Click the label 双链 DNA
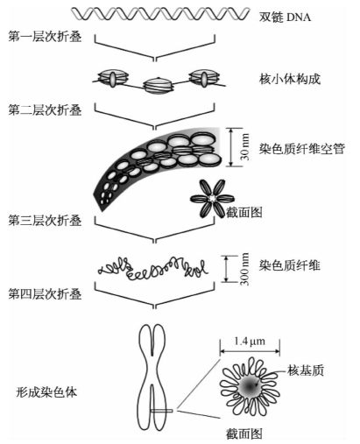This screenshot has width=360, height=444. tap(285, 18)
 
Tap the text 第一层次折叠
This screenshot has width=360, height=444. tap(45, 37)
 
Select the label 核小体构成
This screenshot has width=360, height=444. tap(290, 79)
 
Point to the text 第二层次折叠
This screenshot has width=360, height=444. tap(45, 110)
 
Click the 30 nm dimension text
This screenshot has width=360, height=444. tap(245, 147)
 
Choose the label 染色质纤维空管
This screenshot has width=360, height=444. tap(302, 149)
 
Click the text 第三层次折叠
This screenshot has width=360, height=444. tap(45, 221)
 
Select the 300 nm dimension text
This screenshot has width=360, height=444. tap(244, 269)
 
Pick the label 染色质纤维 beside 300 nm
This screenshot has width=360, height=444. tap(290, 265)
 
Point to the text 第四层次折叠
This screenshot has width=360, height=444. tap(45, 294)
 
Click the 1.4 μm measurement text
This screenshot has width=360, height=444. tap(250, 341)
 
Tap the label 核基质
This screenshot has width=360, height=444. tap(306, 370)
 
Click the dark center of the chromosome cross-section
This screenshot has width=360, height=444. tap(250, 387)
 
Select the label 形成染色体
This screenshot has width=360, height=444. tap(46, 391)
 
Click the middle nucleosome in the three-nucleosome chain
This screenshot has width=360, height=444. tap(159, 86)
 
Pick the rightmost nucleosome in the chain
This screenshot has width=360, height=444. tap(204, 78)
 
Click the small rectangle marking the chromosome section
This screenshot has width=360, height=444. tap(161, 411)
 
